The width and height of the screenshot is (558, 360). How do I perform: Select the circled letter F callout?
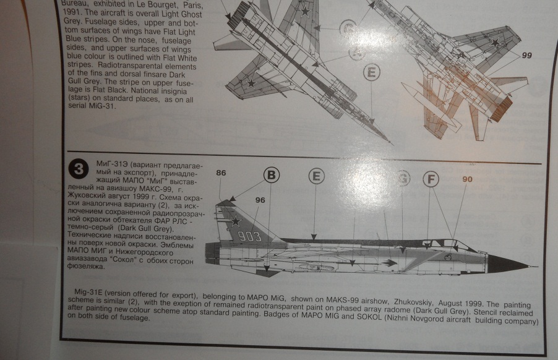pos(431,179)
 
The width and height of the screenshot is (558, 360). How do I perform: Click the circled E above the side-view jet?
pos(316,176)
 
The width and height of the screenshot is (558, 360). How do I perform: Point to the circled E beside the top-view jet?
pos(371,72)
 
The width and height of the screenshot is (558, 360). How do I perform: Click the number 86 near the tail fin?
pos(221,174)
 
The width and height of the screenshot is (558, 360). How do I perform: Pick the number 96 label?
pos(260,199)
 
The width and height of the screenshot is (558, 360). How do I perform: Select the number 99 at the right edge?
pos(526,55)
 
